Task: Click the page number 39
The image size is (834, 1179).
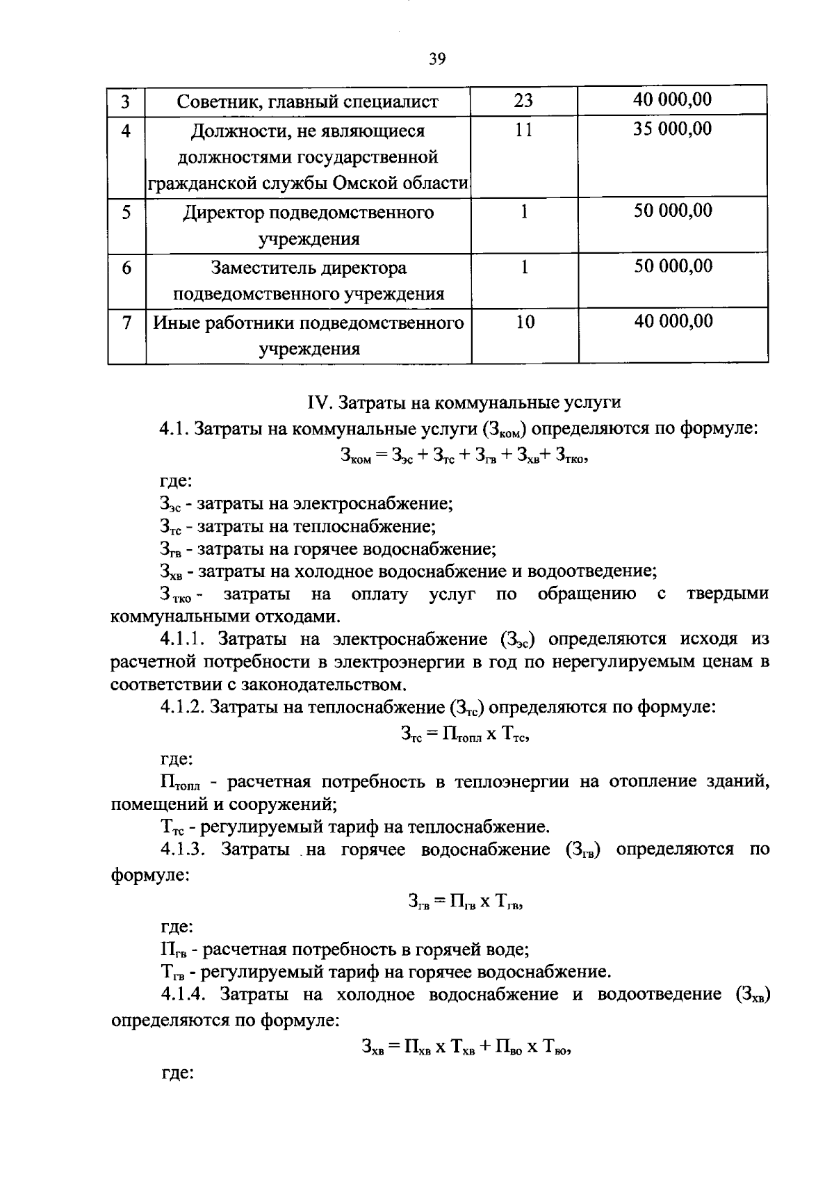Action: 436,59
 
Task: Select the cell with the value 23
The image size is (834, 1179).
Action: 523,101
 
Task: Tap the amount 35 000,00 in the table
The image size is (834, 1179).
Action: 672,129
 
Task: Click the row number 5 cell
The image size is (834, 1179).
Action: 126,212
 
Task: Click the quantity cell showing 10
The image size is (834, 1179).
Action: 525,322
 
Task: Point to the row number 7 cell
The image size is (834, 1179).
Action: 126,323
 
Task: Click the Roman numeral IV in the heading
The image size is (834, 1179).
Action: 316,403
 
